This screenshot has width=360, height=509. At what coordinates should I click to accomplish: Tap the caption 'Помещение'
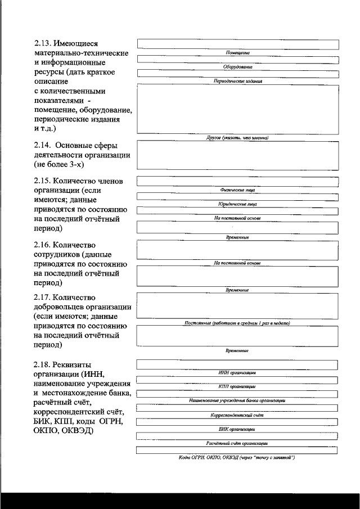237,52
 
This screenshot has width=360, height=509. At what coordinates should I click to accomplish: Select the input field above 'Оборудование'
237,60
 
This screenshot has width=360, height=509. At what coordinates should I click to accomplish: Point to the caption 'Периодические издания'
237,81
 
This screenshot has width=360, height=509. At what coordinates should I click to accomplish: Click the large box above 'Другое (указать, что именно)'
237,109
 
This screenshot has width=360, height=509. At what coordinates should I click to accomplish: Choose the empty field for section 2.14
237,154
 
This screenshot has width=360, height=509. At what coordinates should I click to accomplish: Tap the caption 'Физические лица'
237,190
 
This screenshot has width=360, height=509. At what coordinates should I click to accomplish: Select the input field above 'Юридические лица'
237,197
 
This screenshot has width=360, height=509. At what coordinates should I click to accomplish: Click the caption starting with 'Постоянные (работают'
237,323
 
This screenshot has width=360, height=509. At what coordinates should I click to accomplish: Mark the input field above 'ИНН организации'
237,364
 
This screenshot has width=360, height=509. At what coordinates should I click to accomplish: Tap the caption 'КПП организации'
237,386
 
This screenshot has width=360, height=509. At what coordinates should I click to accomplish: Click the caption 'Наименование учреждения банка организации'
237,400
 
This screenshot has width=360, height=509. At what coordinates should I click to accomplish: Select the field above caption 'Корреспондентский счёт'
237,407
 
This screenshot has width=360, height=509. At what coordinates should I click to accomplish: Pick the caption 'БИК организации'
237,429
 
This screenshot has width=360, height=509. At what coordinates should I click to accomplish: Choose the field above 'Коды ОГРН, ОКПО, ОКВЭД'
237,450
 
